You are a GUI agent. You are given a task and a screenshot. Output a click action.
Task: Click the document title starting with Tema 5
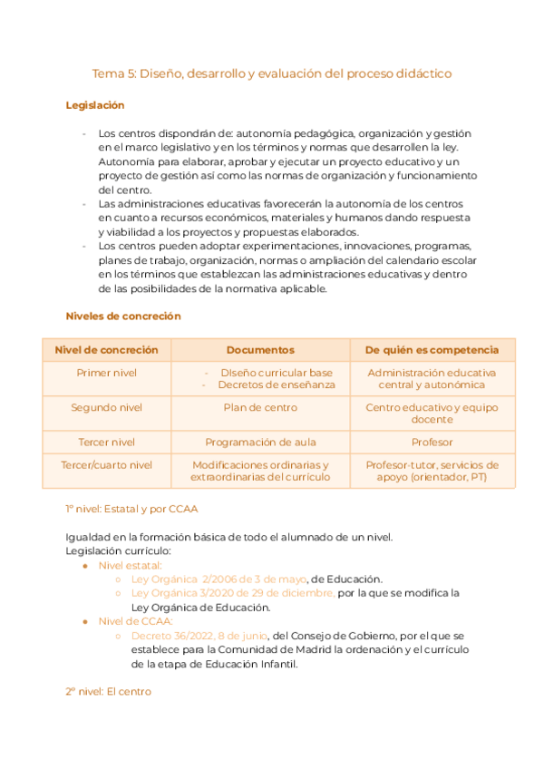pos(272,73)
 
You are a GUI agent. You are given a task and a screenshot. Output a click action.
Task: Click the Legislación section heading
pos(94,105)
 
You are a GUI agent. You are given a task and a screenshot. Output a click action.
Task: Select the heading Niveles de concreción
pos(123,316)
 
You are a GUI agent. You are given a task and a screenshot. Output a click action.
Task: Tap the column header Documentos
pos(260,349)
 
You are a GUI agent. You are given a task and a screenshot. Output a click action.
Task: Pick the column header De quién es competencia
pos(432,349)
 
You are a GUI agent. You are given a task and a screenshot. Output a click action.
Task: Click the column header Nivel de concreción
pos(107,349)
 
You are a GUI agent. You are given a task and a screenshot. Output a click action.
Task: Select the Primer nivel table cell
pos(107,373)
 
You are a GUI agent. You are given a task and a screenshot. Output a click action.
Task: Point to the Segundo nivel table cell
pos(107,407)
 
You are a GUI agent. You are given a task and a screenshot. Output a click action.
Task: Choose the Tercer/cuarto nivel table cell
pos(107,464)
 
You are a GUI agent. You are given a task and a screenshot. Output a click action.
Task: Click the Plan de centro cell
pos(260,407)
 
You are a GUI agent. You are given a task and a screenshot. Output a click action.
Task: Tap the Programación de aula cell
pos(260,442)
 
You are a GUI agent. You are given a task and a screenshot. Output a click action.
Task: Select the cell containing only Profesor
pos(432,442)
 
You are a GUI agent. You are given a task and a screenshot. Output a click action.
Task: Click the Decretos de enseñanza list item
pos(276,384)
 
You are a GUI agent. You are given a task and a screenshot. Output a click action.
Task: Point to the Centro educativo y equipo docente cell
pos(432,414)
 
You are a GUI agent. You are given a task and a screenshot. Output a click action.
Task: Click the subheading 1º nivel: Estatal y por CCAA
pos(131,508)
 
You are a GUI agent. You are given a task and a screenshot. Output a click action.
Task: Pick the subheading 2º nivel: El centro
pos(108,691)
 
